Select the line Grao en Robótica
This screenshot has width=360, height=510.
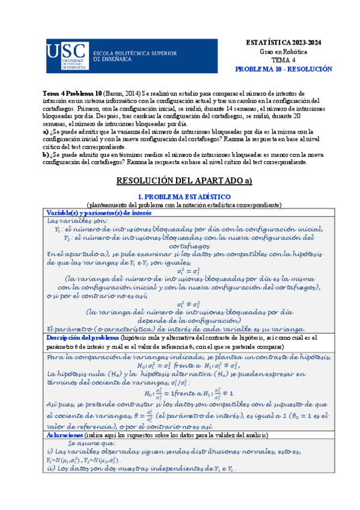[281, 52]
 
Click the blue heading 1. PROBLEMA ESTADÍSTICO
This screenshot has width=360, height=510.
[180, 197]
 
